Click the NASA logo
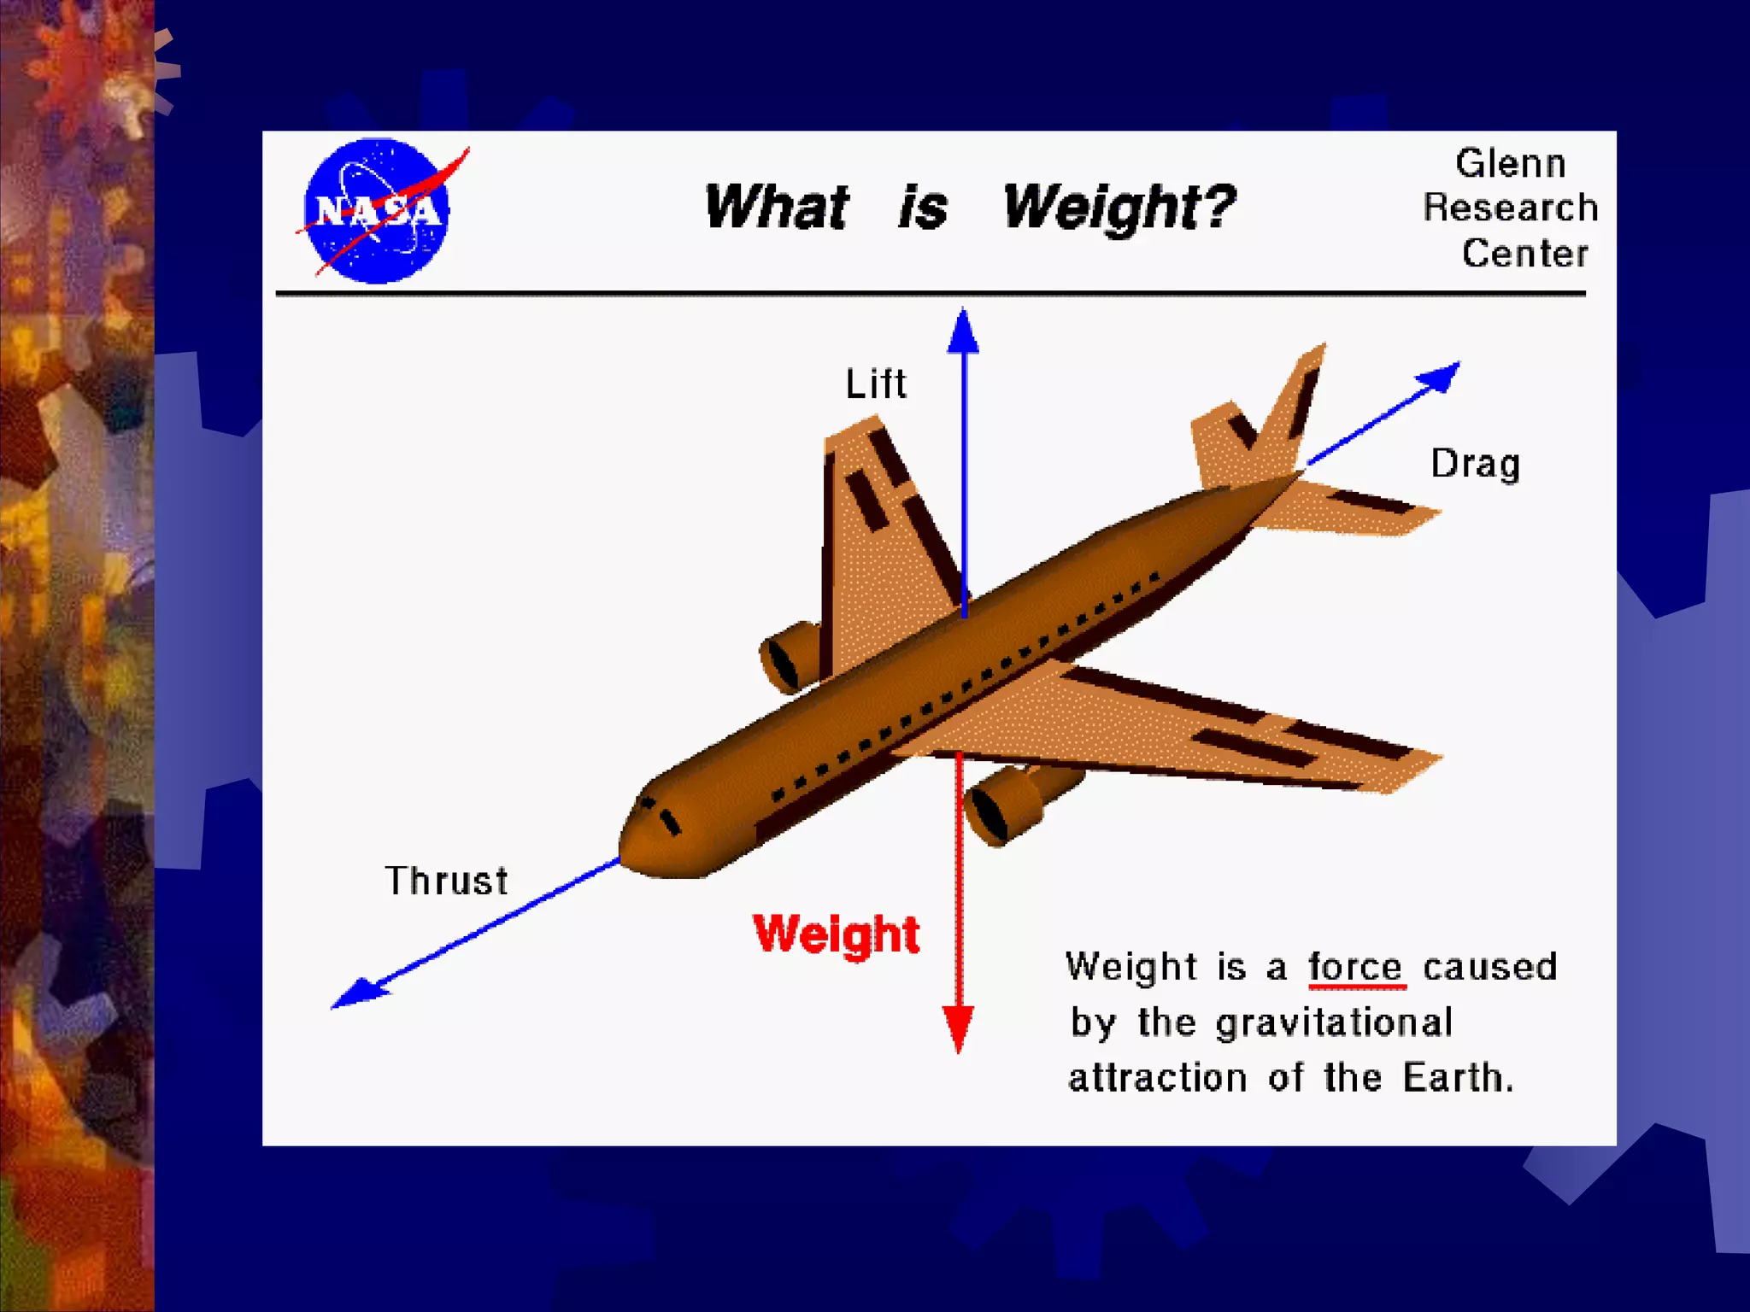[x=376, y=210]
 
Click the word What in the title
[x=776, y=208]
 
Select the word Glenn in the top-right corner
[x=1510, y=163]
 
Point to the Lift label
[x=875, y=384]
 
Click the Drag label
[x=1475, y=464]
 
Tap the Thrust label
[x=446, y=881]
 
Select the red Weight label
[x=836, y=934]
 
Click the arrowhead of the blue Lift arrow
[x=963, y=331]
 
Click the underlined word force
[x=1355, y=968]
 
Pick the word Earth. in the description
[x=1458, y=1077]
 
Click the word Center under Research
[x=1524, y=253]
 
